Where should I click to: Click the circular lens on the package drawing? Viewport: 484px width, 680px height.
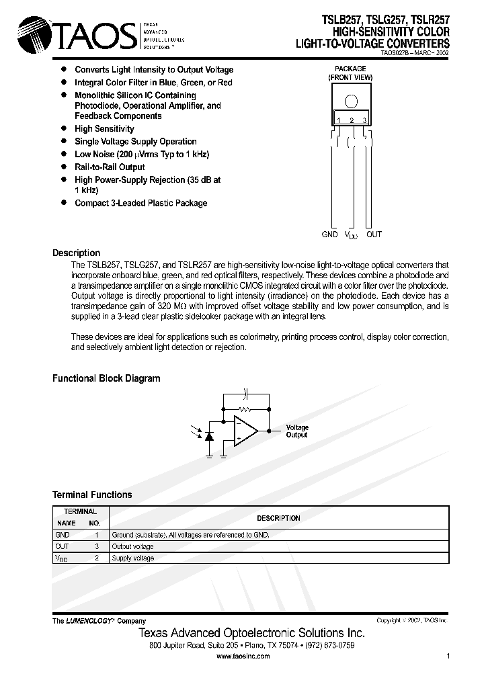tap(351, 101)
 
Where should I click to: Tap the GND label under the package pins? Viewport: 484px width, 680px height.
tap(329, 235)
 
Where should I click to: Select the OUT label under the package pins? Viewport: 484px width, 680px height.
tap(374, 235)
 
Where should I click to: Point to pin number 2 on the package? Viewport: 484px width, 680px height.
tap(352, 120)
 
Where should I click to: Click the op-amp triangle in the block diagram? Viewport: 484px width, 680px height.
tap(245, 430)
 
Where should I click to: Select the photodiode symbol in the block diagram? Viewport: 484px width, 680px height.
tap(208, 436)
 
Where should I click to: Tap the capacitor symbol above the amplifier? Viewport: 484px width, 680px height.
tap(245, 391)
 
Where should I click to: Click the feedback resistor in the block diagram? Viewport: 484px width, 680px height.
tap(245, 408)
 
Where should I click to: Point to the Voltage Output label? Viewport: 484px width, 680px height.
tap(297, 431)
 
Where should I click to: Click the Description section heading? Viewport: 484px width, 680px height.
tap(76, 253)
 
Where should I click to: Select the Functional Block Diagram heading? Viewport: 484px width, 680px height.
tap(106, 378)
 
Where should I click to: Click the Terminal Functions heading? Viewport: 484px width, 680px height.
tap(92, 495)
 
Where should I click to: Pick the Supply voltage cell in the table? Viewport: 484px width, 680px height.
tap(133, 558)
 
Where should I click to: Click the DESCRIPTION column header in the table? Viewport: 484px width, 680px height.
tap(278, 518)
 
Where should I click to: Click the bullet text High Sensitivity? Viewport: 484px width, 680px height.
tap(104, 128)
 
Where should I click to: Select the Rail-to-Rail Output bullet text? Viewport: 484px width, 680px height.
tap(110, 167)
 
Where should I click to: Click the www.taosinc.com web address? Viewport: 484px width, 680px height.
tap(243, 656)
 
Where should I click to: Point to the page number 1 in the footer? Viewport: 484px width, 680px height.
tap(448, 656)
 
